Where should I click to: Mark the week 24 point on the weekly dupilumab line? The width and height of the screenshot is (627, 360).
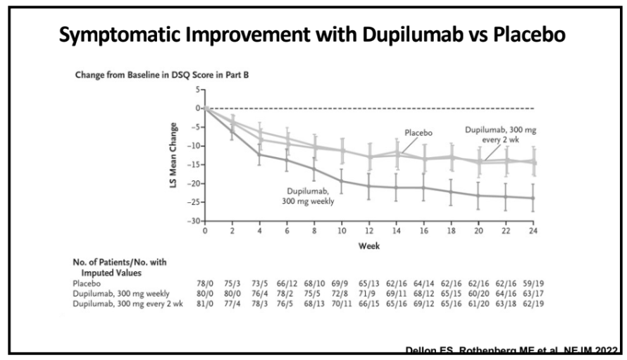pos(533,198)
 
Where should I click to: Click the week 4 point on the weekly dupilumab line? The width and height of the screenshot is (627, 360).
pos(260,154)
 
